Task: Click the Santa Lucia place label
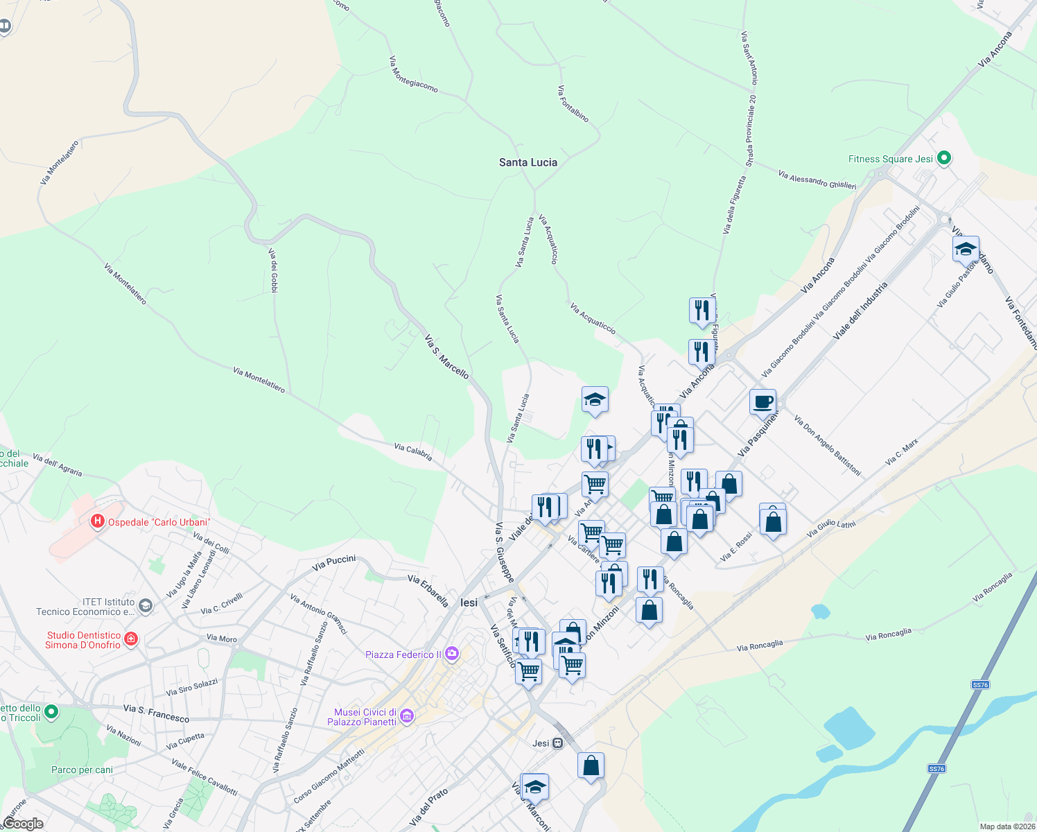tap(528, 162)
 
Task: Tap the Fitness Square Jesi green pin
tap(943, 159)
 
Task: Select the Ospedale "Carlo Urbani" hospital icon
tap(98, 521)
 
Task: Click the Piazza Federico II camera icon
tap(452, 654)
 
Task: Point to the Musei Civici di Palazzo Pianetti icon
tap(407, 716)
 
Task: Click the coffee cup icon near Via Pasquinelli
tap(762, 401)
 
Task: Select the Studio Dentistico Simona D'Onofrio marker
tap(131, 639)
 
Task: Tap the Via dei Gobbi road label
tap(274, 270)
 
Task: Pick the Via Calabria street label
tap(413, 452)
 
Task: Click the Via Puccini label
tap(333, 563)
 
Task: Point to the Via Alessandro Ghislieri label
tap(817, 180)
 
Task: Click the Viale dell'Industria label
tap(860, 311)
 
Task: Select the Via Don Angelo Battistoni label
tap(828, 446)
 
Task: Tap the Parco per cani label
tap(82, 770)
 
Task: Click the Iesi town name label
tap(469, 603)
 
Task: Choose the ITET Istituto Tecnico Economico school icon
tap(145, 606)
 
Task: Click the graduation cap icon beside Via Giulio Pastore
tap(966, 249)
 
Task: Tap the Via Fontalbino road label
tap(573, 104)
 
